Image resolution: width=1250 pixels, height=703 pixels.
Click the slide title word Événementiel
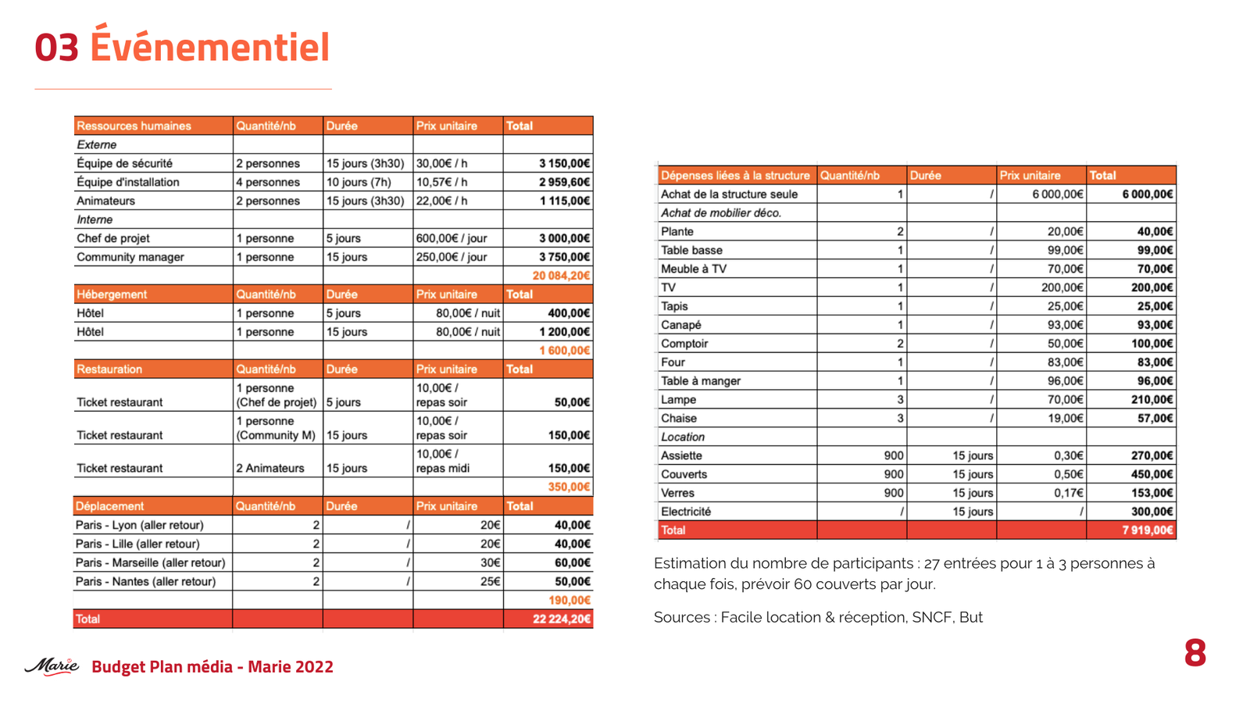point(209,47)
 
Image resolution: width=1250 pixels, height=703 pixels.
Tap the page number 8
point(1195,653)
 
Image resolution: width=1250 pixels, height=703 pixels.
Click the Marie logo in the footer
point(52,666)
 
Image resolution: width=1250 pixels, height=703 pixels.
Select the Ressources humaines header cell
point(134,126)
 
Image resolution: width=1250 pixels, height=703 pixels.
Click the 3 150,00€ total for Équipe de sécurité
point(564,163)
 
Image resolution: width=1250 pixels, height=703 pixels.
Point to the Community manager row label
point(130,257)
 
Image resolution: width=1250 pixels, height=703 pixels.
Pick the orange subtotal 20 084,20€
point(561,276)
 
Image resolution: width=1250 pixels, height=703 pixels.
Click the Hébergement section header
point(112,294)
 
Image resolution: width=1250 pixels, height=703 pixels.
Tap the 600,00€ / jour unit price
point(452,238)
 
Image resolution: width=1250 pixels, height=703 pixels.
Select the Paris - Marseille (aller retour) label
point(150,562)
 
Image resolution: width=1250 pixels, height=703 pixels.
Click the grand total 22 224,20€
point(561,619)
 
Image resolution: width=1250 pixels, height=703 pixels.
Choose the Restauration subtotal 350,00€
point(569,487)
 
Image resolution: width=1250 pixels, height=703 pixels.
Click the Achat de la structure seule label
point(729,194)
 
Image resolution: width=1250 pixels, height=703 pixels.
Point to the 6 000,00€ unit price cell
point(1057,194)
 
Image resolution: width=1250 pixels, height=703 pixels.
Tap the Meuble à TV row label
point(694,269)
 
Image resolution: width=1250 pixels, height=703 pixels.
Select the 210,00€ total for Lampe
point(1152,399)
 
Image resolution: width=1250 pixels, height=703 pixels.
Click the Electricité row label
point(686,512)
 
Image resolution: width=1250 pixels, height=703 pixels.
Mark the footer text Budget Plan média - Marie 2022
point(212,666)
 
